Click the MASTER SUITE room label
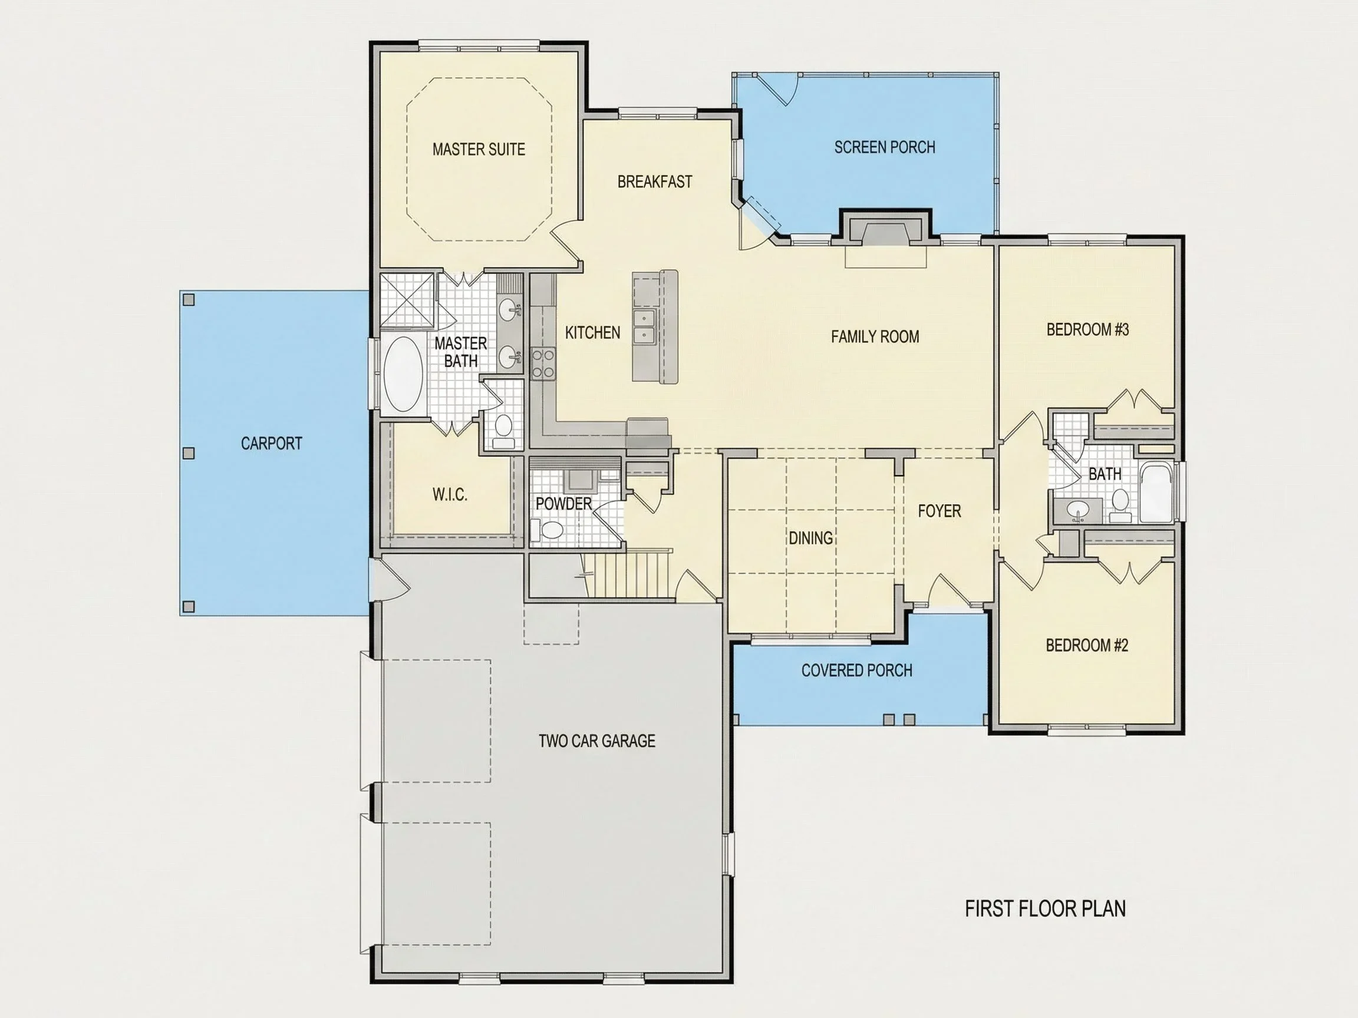coord(479,149)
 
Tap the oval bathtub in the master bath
coord(403,374)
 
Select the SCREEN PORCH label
coord(885,147)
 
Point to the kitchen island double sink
coord(645,326)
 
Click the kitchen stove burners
coord(543,362)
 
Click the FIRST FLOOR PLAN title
coord(1045,909)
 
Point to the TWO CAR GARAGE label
coord(596,741)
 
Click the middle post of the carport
coord(189,454)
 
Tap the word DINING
coord(810,538)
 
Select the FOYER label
coord(940,511)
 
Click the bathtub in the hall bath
coord(1156,491)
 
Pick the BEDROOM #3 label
coord(1087,329)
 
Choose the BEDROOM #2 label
coord(1087,645)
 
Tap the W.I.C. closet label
coord(450,495)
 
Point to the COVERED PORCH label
coord(856,670)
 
